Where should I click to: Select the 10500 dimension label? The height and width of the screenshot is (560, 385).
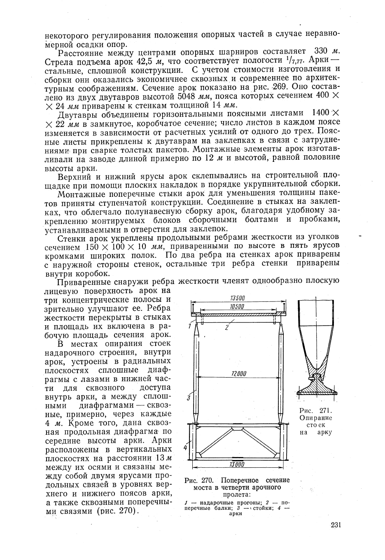pos(237,307)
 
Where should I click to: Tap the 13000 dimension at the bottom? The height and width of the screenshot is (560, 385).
pos(237,465)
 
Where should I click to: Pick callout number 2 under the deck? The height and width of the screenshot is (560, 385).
pos(227,328)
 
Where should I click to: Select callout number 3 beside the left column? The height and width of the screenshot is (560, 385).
pos(188,398)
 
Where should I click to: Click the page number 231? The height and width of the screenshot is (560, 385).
pos(336,525)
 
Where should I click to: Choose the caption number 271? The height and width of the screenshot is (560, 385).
pos(325,411)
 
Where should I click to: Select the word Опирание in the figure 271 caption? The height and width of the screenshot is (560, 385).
pos(316,418)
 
